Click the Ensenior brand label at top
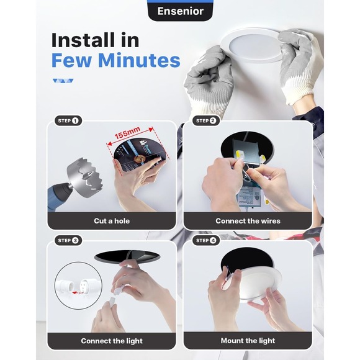(181, 11)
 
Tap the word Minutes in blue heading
(139, 60)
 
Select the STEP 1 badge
(68, 121)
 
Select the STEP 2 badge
(206, 121)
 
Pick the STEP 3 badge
(68, 241)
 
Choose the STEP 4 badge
(206, 241)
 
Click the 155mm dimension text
(127, 133)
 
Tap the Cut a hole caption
(112, 221)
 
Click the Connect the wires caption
(248, 221)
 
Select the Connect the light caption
(112, 341)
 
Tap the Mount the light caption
(248, 341)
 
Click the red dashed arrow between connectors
(76, 292)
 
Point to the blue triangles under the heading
(63, 81)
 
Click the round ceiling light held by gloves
(251, 46)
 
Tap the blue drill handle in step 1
(58, 196)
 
